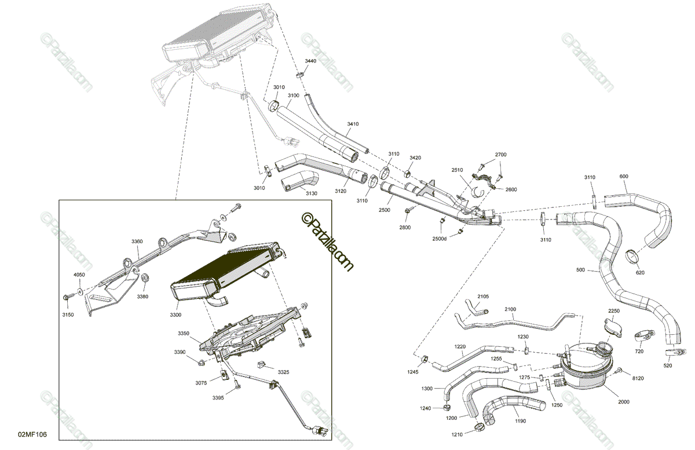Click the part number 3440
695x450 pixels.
tap(310, 61)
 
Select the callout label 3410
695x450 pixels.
tap(353, 124)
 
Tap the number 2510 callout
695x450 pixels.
tap(457, 170)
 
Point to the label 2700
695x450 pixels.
tap(500, 155)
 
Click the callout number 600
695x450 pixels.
tap(623, 177)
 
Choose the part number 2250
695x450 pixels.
tap(613, 311)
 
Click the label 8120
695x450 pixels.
tap(638, 378)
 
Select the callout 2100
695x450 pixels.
tap(510, 309)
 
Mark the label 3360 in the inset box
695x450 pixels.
tap(137, 241)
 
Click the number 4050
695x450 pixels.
tap(79, 275)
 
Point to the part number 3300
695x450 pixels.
tap(175, 314)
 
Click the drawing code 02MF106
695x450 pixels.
tap(32, 434)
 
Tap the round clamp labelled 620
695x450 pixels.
tap(632, 255)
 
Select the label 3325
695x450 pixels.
tap(283, 371)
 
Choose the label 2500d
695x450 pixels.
tap(439, 238)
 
